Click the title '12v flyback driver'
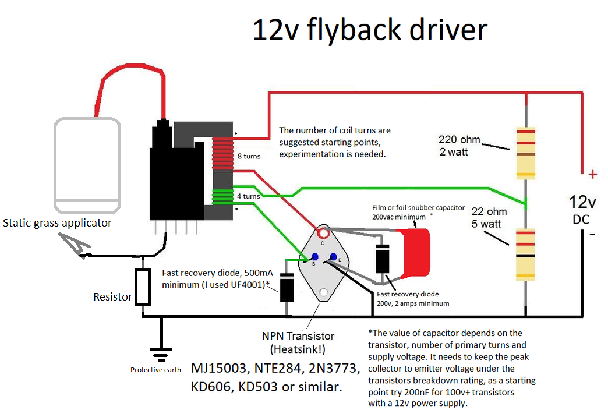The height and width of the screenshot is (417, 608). click(x=369, y=30)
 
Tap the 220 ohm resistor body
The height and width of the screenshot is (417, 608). click(x=525, y=152)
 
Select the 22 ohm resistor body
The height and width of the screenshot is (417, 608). click(x=525, y=255)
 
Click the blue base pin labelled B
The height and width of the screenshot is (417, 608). click(x=314, y=257)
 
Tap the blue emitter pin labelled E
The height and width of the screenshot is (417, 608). click(x=333, y=257)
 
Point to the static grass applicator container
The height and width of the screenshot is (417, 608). click(x=88, y=166)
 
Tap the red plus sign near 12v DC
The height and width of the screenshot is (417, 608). click(x=592, y=174)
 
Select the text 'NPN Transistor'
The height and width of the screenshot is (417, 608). click(x=298, y=336)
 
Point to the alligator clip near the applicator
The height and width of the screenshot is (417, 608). click(x=76, y=245)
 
